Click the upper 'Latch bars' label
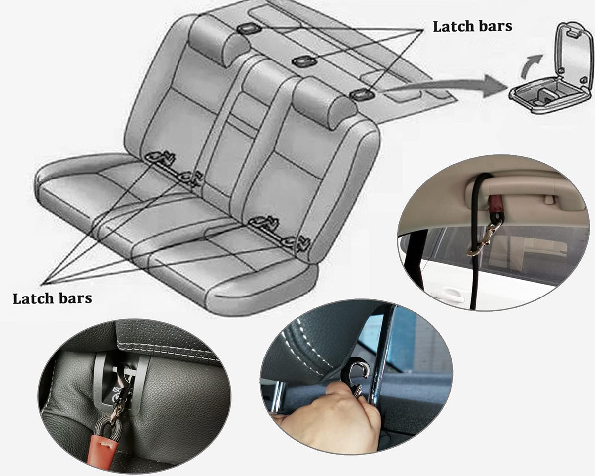[x=473, y=27]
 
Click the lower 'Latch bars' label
[x=53, y=298]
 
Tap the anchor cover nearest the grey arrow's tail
[x=362, y=95]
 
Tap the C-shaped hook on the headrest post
[x=359, y=371]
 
